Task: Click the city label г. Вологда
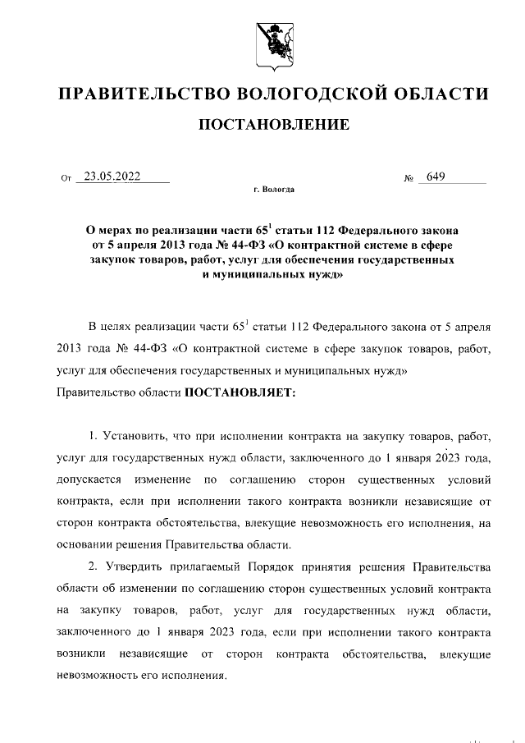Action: coord(273,190)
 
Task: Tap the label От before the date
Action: coord(66,177)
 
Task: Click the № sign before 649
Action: coord(408,177)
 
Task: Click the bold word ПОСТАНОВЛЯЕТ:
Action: coord(240,392)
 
